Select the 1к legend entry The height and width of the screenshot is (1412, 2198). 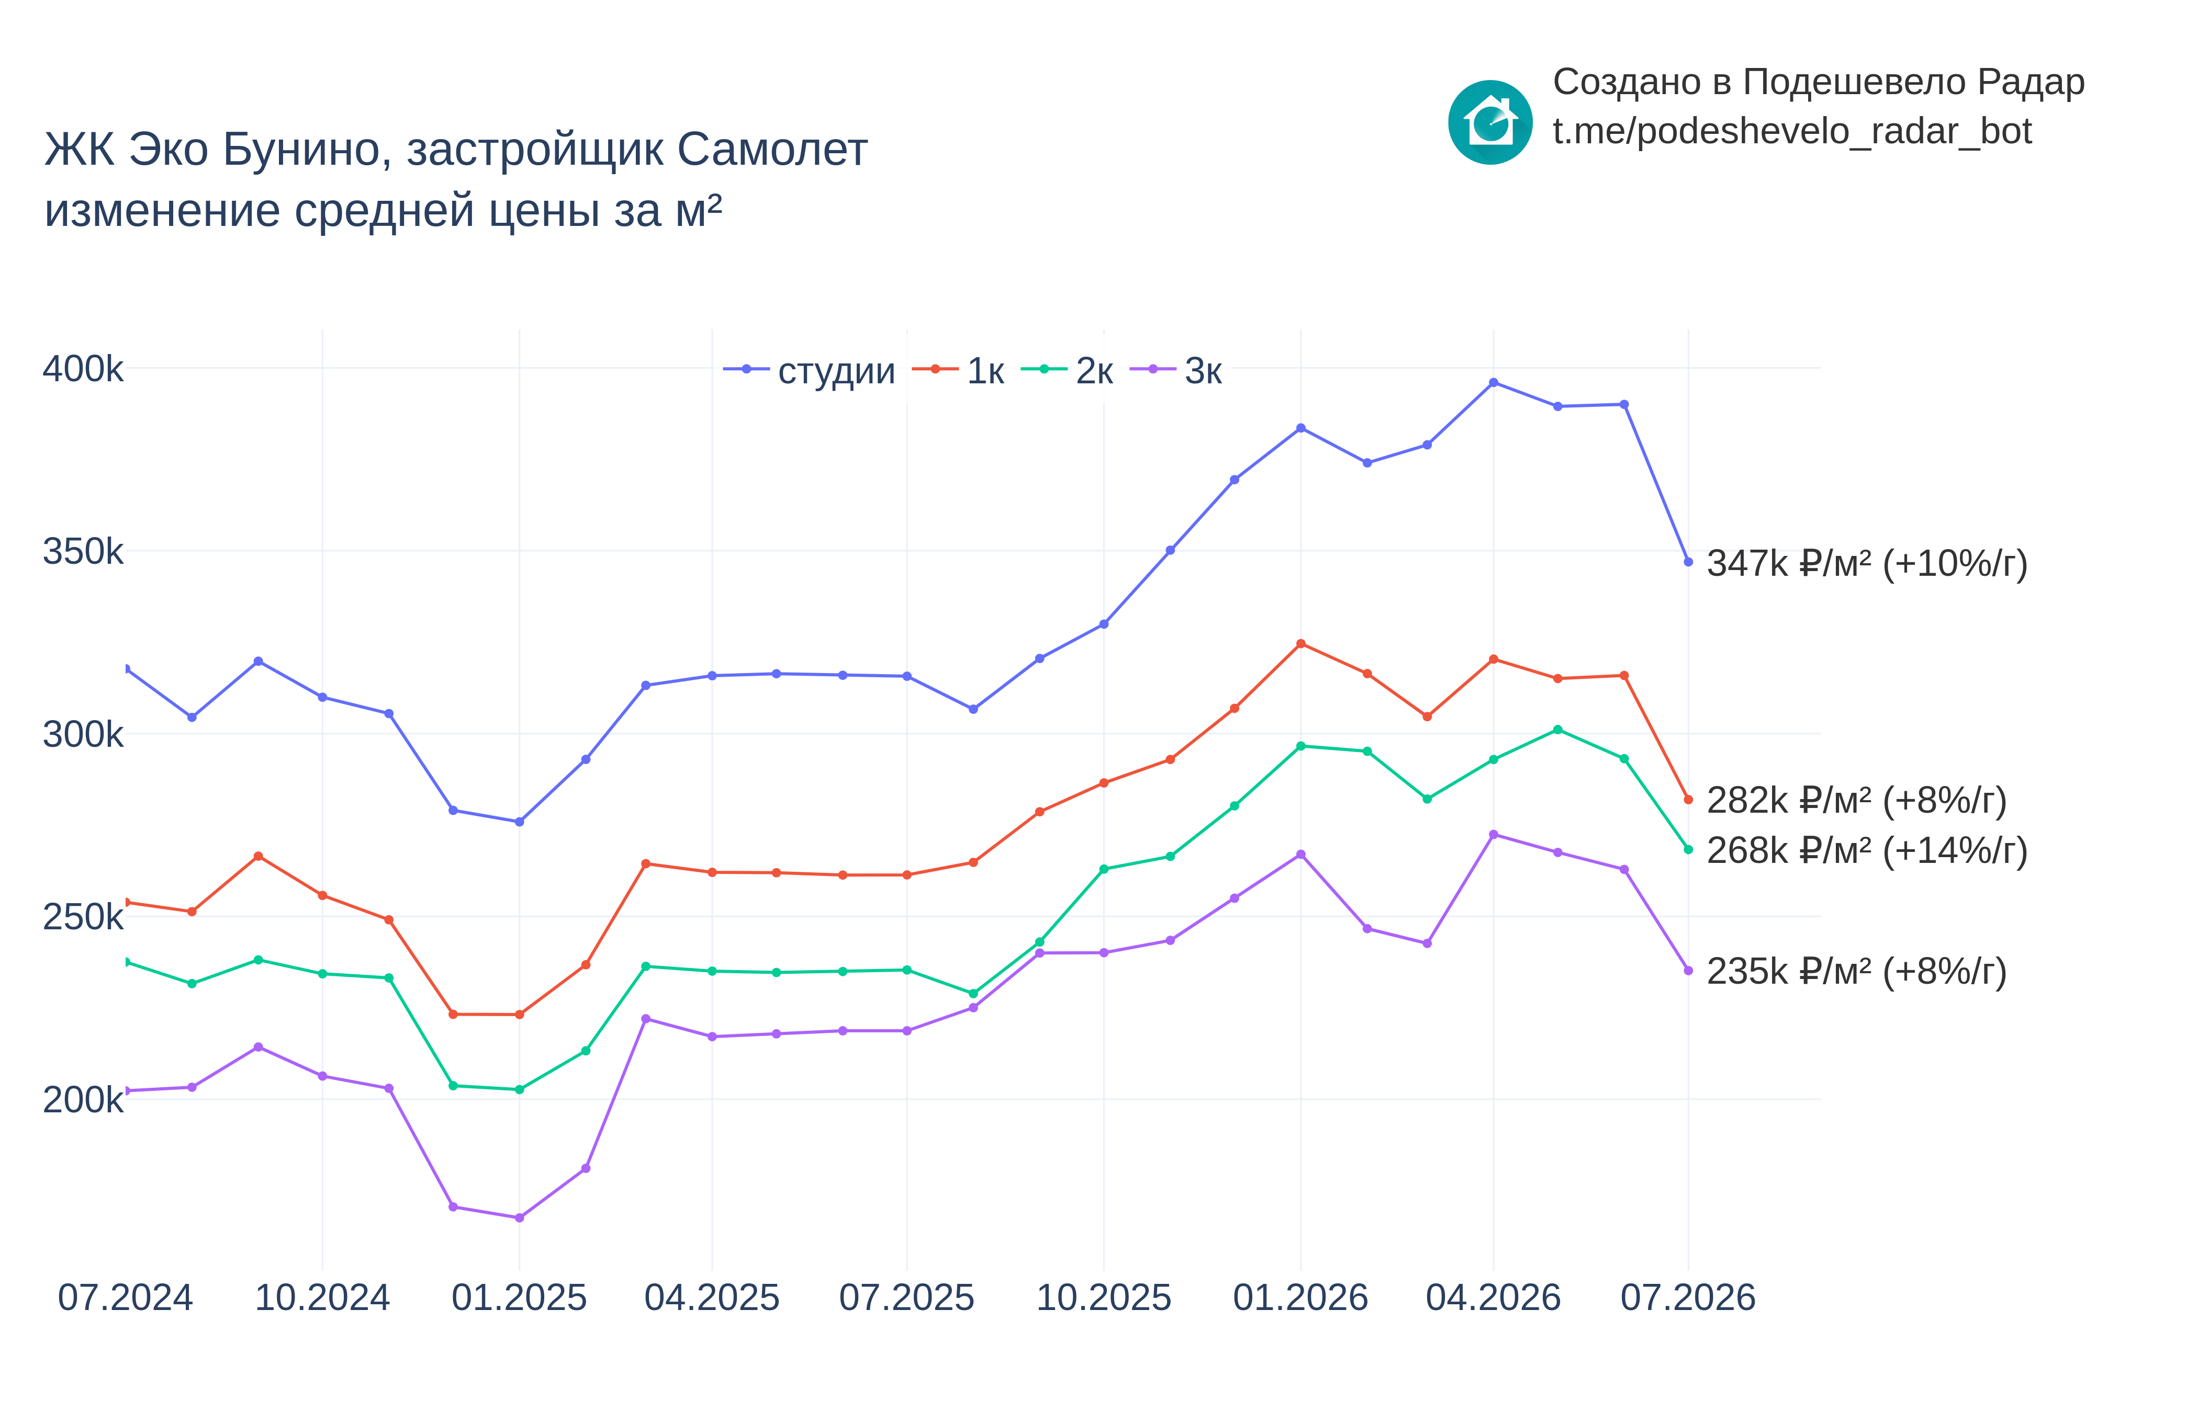pos(958,370)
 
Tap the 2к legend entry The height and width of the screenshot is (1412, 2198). pos(1067,370)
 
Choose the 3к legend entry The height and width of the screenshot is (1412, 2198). pos(1176,370)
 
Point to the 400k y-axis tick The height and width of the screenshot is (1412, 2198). pos(83,369)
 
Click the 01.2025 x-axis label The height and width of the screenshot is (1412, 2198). pos(519,1297)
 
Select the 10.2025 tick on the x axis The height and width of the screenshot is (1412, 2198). pos(1104,1297)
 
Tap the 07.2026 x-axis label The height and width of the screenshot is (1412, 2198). pos(1688,1297)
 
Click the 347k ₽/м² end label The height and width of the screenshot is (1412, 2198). pos(1867,563)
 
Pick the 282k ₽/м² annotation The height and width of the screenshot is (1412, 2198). pos(1857,801)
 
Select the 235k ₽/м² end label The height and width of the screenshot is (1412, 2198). pos(1857,971)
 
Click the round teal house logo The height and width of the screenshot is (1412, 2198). pos(1490,122)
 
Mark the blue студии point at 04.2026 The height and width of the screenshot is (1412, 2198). pos(1494,382)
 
